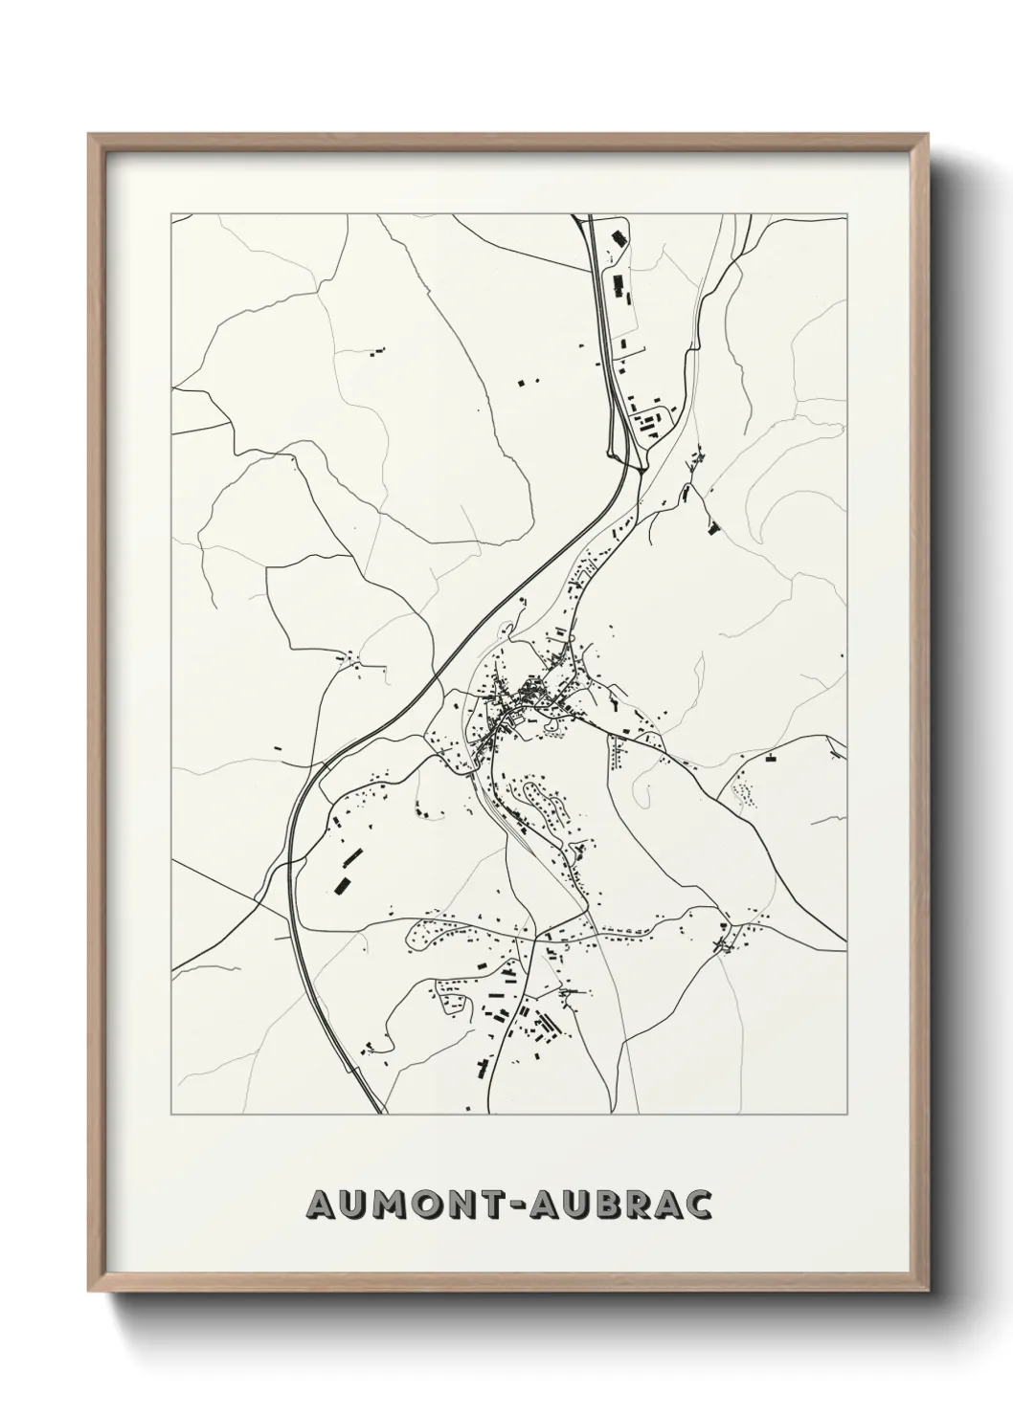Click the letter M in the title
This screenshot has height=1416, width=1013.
392,1205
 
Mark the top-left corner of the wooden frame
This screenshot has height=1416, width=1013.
90,135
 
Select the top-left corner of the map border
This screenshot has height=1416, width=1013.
171,214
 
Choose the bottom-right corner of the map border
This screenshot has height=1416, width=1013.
847,1115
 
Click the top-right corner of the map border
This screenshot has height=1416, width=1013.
847,214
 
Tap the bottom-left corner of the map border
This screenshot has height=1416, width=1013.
171,1115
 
